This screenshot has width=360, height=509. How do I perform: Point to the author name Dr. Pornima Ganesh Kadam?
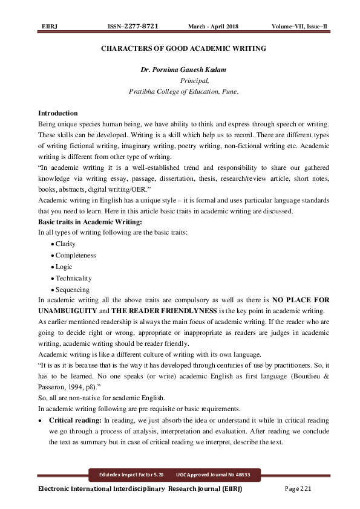tap(183, 70)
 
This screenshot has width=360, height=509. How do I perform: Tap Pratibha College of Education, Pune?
tap(184, 91)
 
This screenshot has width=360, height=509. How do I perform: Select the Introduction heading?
tap(57, 114)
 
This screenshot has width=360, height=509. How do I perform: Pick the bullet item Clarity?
tap(65, 244)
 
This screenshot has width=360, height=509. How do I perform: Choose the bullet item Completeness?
tap(75, 255)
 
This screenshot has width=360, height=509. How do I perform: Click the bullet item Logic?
tap(64, 267)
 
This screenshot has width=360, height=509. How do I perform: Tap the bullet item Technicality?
tap(73, 278)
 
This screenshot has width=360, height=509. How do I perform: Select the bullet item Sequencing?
tap(72, 290)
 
